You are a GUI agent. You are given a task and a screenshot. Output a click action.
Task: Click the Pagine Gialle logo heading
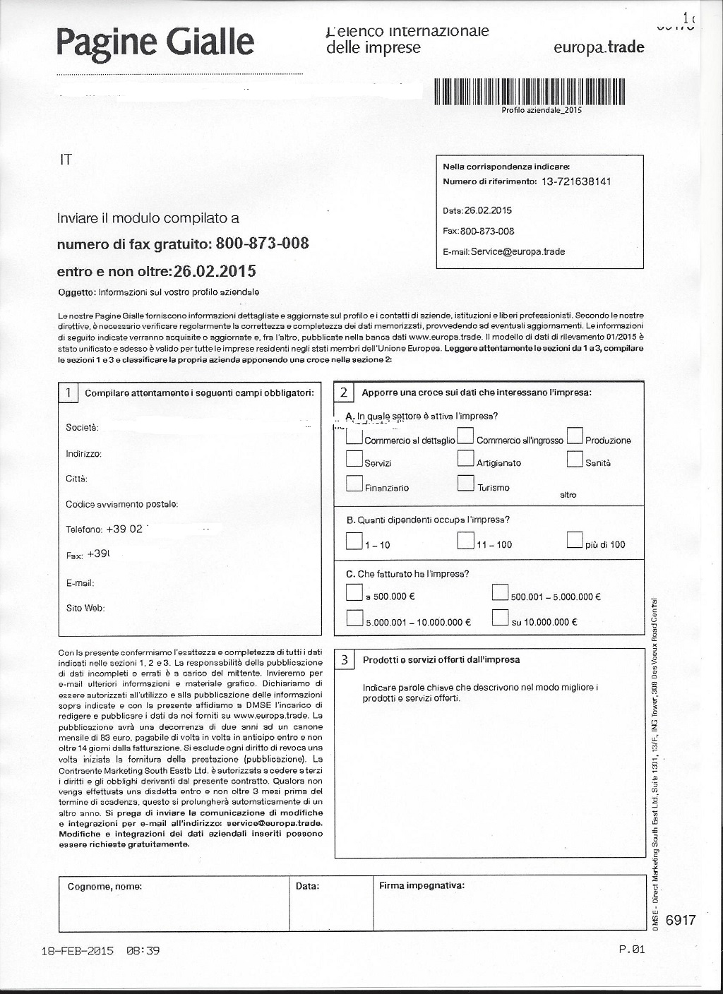155,42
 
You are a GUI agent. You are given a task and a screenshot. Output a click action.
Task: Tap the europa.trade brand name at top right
599,48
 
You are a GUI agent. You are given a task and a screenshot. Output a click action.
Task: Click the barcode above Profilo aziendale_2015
530,91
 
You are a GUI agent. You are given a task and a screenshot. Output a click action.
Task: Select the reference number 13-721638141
576,181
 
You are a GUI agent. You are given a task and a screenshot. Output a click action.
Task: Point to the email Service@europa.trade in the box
518,251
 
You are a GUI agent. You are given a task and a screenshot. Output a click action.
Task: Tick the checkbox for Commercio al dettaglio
354,436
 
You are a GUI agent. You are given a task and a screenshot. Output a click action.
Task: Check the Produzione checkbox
575,436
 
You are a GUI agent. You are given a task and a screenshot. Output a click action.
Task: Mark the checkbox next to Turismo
465,484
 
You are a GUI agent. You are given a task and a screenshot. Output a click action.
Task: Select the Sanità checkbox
575,459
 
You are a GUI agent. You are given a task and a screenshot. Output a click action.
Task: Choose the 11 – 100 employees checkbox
465,541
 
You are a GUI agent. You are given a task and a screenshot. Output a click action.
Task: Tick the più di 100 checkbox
575,541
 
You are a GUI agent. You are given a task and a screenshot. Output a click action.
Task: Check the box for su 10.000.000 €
500,618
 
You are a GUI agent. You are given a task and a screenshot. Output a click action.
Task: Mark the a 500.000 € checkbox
354,592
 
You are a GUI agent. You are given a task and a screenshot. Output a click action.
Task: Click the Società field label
82,428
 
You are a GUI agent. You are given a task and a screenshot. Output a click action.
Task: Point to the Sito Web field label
85,608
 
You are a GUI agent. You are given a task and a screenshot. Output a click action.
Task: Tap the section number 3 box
345,660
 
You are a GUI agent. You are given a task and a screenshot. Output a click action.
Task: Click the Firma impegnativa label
422,885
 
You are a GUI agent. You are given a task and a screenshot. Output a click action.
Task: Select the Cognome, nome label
104,887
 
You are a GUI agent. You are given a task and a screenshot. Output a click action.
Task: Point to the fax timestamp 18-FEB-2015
78,951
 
